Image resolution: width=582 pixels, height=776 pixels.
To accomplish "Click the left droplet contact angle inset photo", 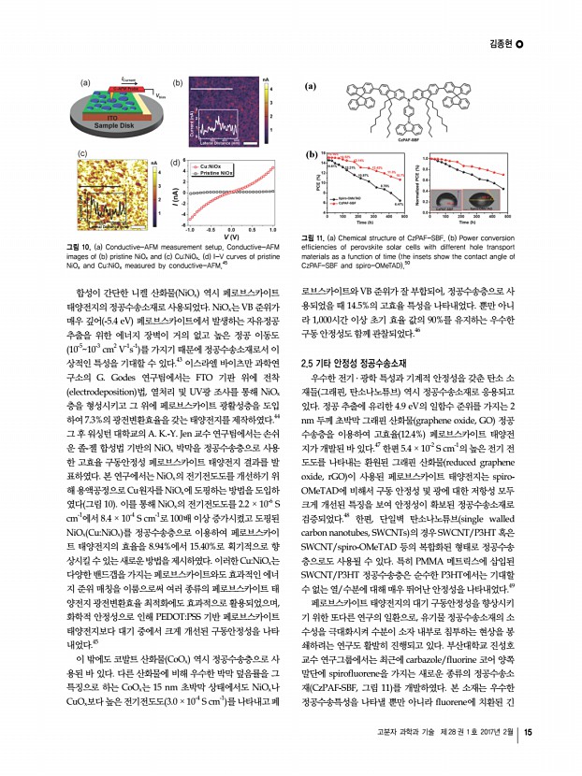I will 446,201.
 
